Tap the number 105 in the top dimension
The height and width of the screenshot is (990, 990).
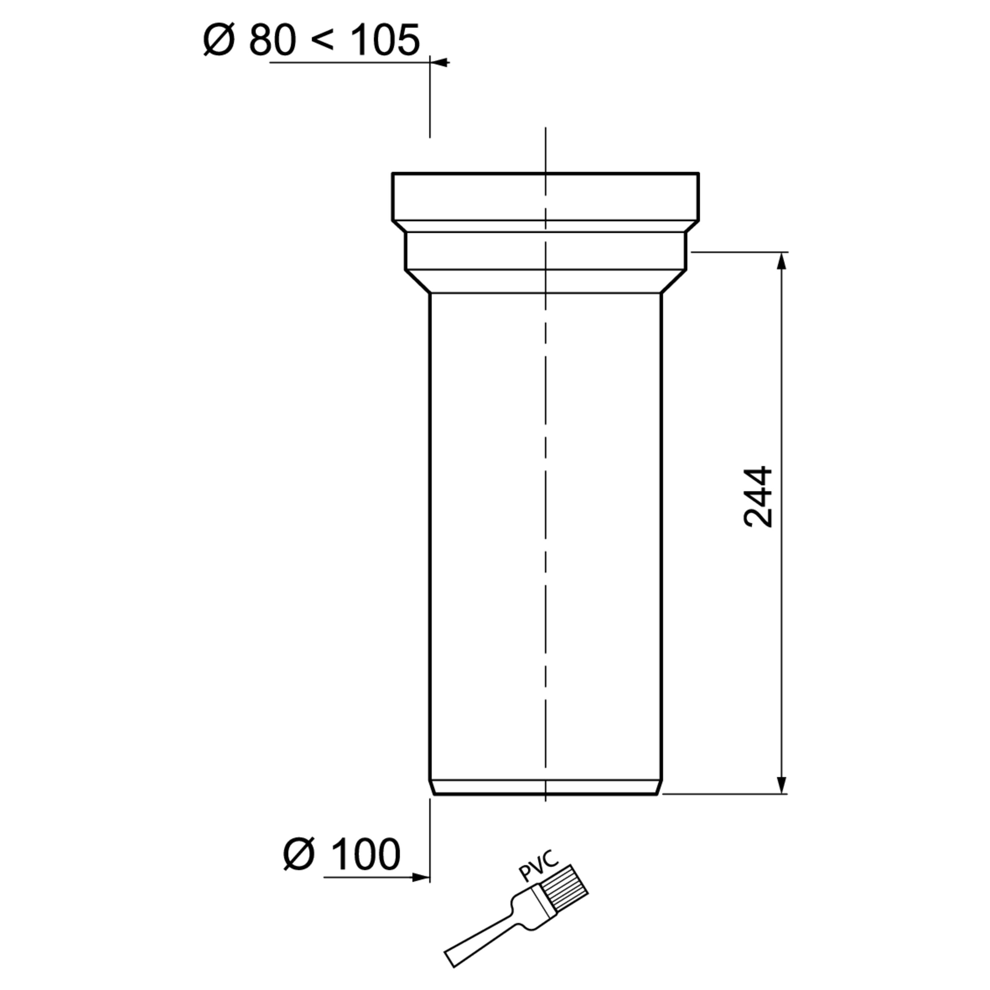click(x=385, y=40)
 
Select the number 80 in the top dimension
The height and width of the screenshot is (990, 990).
click(x=272, y=40)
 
